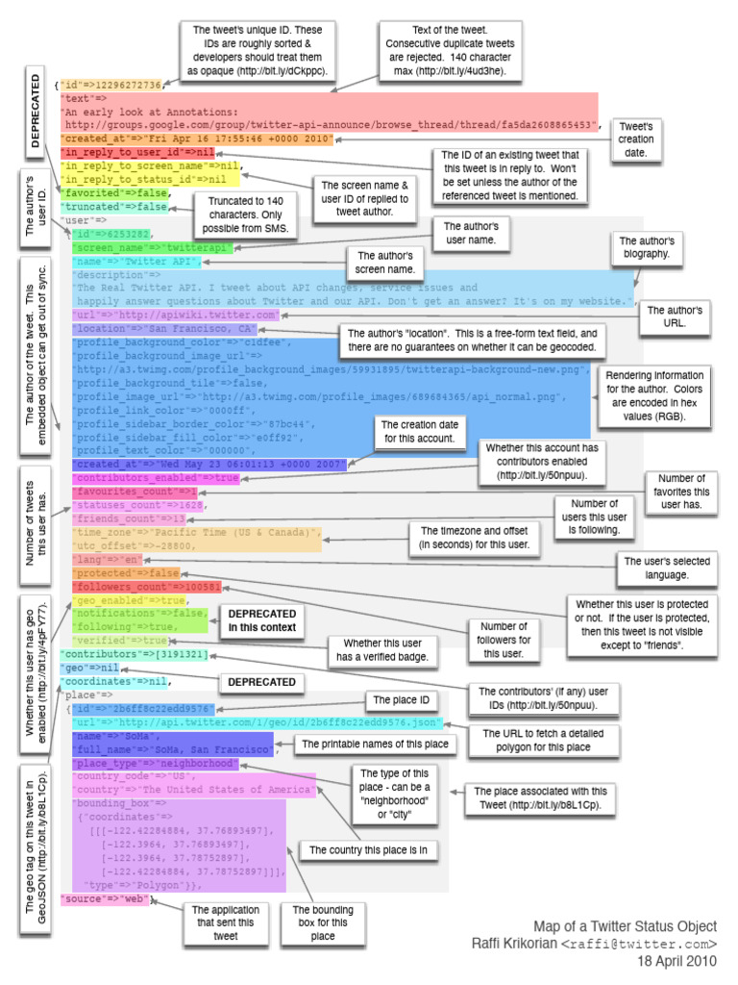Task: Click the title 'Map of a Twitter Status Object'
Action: point(626,926)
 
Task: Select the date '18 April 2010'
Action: point(677,960)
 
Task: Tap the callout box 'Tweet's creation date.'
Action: point(636,139)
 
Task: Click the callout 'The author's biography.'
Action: point(645,247)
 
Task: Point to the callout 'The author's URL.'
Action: point(675,317)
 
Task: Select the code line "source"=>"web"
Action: point(106,898)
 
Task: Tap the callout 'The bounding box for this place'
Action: point(323,922)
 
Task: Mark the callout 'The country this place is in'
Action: point(368,850)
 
